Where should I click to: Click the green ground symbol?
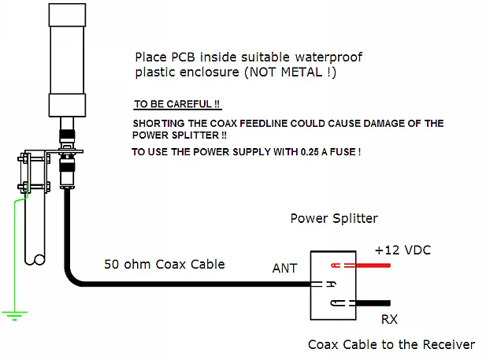[13, 315]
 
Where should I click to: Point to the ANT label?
[284, 269]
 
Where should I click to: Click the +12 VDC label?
[403, 250]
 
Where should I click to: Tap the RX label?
[389, 320]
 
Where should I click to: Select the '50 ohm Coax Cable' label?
[164, 264]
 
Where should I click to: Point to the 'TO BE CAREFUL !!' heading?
[176, 104]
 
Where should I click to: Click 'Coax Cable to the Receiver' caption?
[391, 344]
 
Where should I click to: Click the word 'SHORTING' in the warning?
[158, 124]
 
